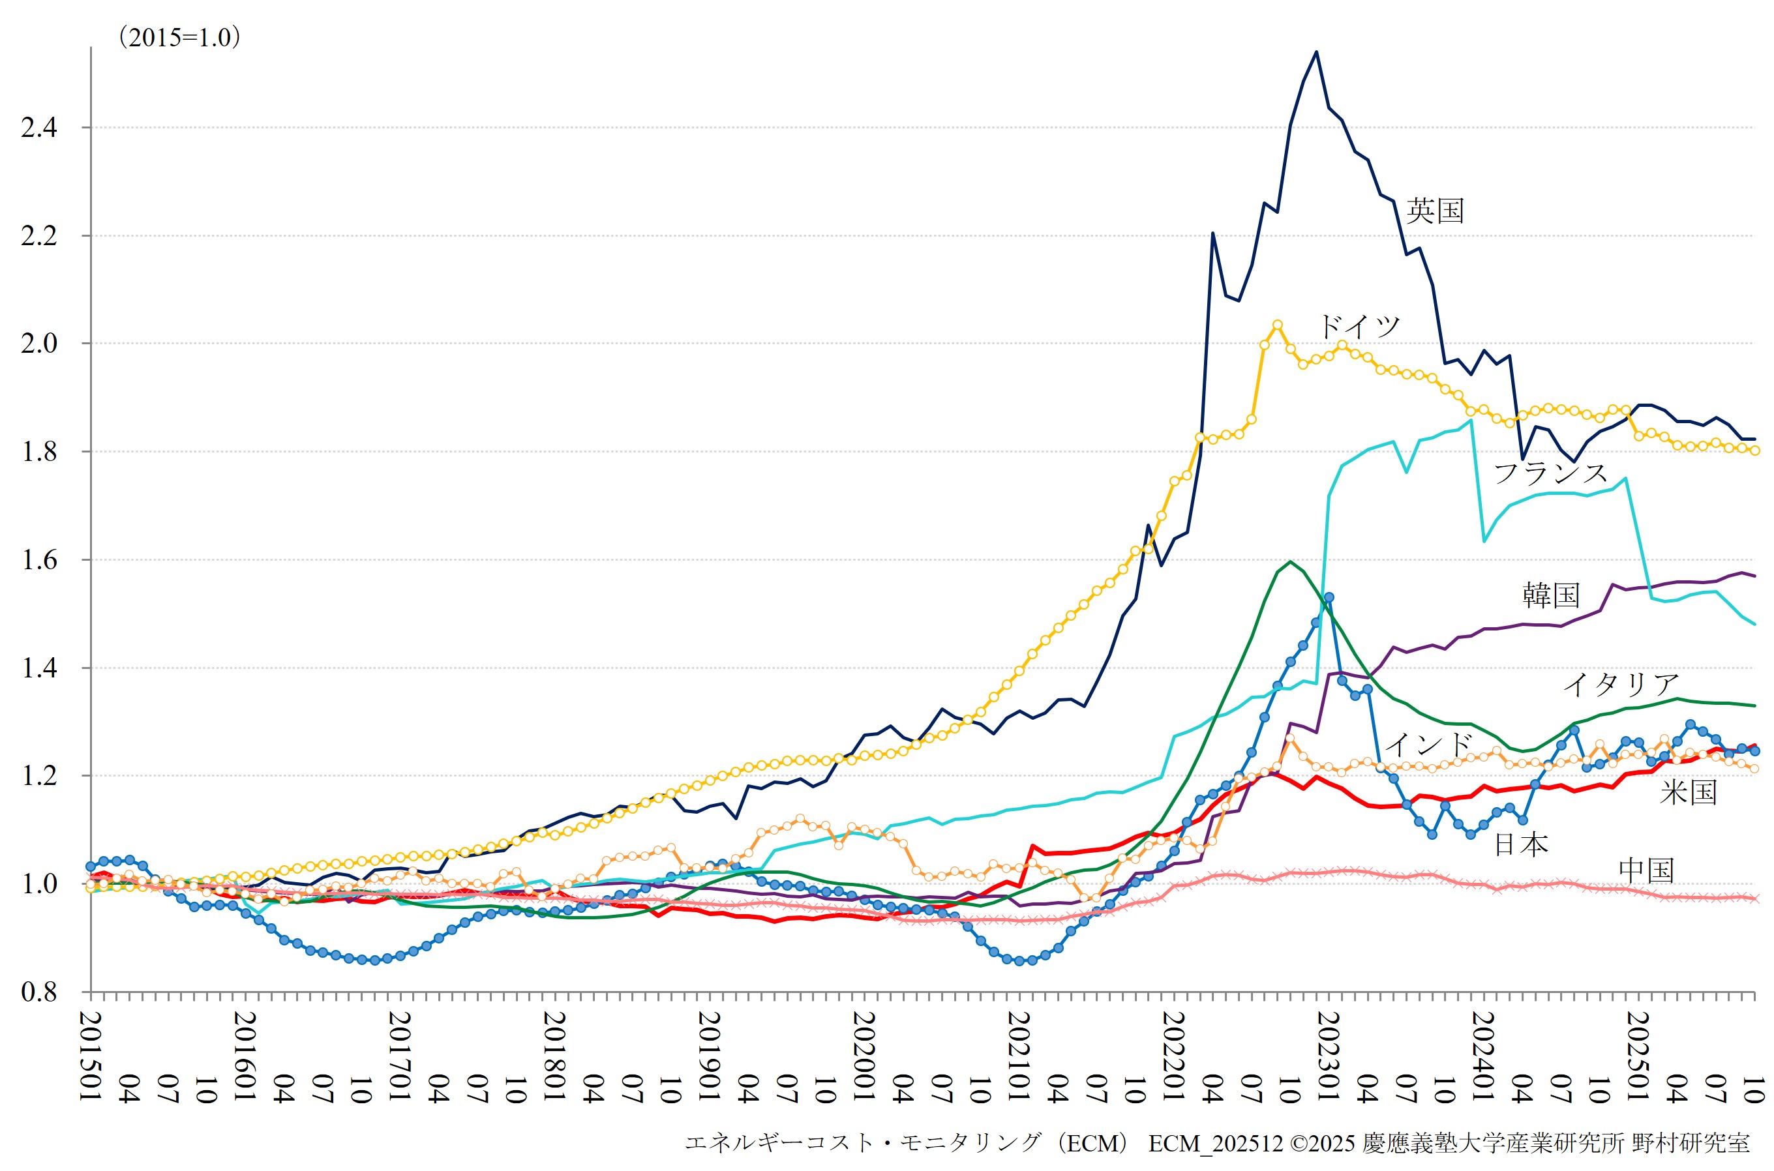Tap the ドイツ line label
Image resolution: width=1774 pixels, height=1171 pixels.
[x=1358, y=327]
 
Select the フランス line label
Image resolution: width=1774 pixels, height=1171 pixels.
[x=1550, y=473]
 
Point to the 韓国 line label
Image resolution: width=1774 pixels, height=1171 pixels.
[x=1551, y=595]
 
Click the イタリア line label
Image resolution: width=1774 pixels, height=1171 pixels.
[x=1620, y=684]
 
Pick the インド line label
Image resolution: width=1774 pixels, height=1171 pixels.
[x=1428, y=744]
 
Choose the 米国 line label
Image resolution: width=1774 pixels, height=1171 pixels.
[x=1688, y=792]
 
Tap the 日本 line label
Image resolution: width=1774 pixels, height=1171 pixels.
[x=1521, y=844]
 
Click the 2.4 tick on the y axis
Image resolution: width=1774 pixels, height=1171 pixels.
[x=39, y=128]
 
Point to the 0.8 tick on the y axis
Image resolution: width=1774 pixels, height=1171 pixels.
[x=39, y=992]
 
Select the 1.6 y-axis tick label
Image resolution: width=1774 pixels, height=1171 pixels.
[x=39, y=560]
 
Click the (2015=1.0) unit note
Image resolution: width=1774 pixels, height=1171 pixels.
[x=179, y=37]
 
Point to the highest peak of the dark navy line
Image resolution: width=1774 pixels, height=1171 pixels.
[x=1316, y=52]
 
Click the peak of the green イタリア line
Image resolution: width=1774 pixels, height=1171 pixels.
[x=1291, y=561]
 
